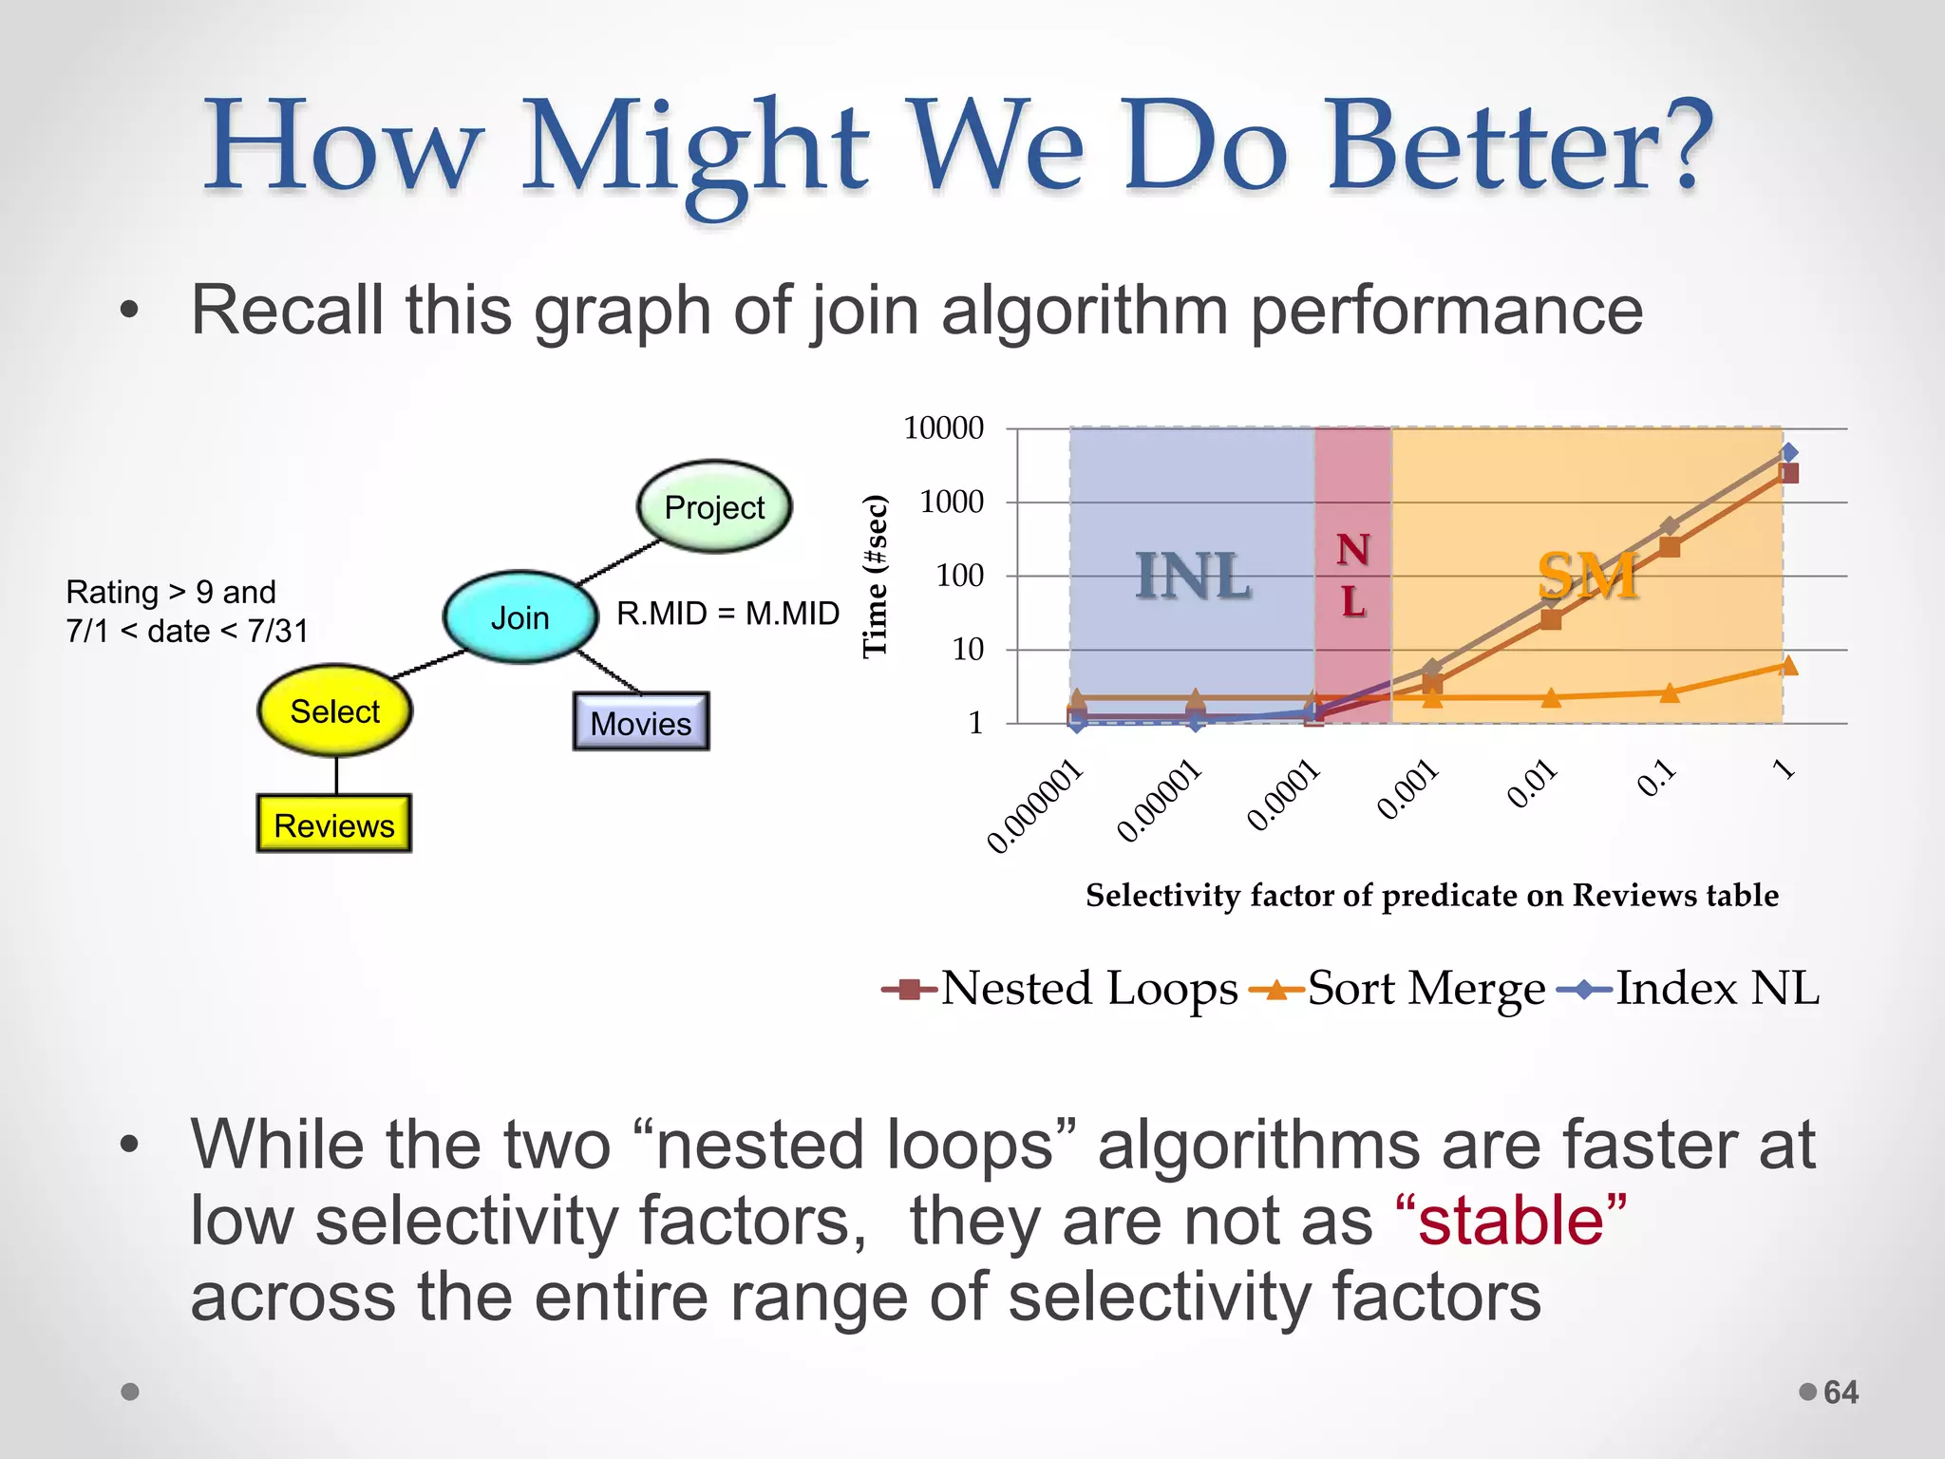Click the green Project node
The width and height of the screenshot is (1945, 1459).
point(714,507)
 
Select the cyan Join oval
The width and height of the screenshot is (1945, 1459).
point(519,617)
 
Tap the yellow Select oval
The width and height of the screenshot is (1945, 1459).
point(334,711)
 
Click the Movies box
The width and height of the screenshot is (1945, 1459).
point(641,723)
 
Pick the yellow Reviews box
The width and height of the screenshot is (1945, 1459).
point(333,824)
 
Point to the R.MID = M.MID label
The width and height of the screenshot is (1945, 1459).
point(727,614)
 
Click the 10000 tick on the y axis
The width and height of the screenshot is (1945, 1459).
point(943,428)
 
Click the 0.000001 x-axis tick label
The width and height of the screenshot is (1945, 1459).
point(1035,807)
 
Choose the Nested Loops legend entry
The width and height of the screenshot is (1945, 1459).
point(1060,989)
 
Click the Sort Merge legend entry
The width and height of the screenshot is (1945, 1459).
point(1398,989)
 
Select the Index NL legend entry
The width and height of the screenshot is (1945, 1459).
point(1690,989)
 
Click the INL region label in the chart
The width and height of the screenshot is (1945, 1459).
point(1193,576)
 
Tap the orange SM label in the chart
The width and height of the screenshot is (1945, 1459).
point(1587,576)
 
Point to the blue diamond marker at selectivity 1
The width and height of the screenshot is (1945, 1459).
point(1788,452)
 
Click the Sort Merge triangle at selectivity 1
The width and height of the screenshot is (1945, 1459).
point(1788,666)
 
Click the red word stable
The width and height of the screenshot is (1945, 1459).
point(1510,1221)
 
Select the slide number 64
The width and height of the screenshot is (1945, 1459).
point(1841,1393)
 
